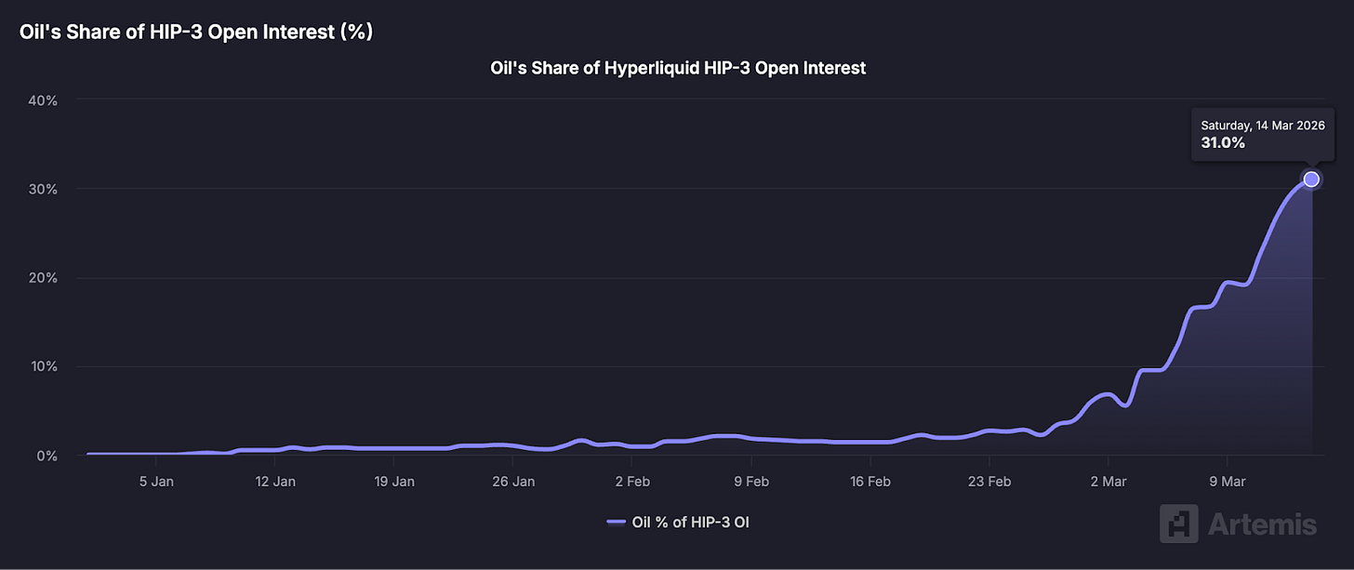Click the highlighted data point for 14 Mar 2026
pos(1311,179)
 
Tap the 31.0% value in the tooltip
pos(1223,143)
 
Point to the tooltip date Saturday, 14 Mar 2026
pos(1262,125)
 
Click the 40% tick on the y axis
pos(44,99)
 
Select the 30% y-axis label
pos(44,189)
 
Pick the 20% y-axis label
pos(44,278)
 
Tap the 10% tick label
pos(44,366)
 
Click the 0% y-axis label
pos(47,456)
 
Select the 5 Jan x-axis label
pos(156,482)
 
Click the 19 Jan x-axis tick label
pos(393,482)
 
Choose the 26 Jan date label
pos(512,482)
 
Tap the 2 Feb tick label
pos(631,482)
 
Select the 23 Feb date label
pos(989,482)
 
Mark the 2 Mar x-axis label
pos(1108,482)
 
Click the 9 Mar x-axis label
pos(1227,482)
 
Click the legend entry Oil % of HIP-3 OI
pos(678,522)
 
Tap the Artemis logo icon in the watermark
pos(1178,524)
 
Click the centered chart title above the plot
pos(678,68)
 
